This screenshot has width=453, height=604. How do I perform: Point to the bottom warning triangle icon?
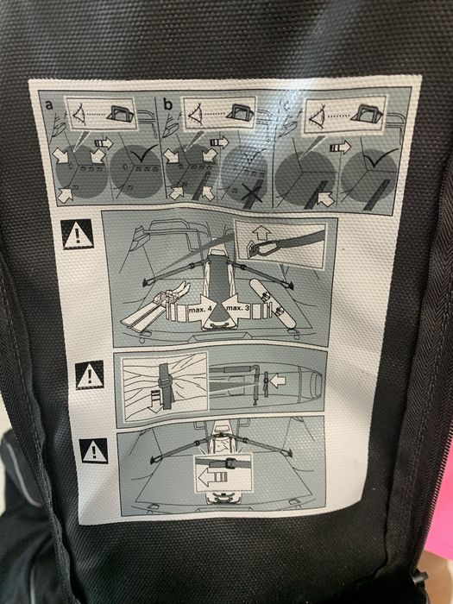tap(94, 450)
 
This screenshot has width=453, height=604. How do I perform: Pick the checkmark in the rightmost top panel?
tap(377, 160)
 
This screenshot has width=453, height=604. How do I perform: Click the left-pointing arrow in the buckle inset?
tap(210, 475)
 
